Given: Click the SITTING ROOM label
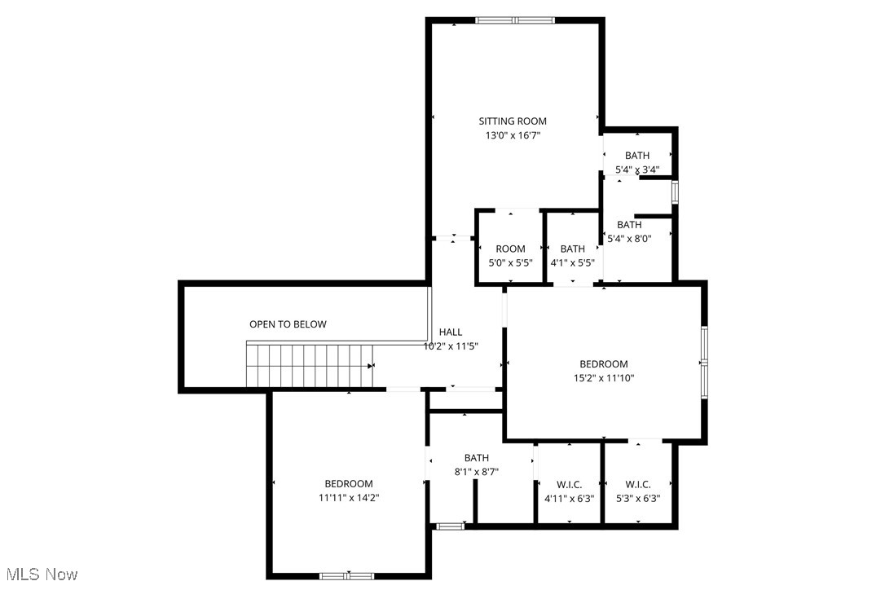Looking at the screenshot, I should [x=512, y=121].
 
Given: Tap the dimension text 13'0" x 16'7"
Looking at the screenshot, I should [x=512, y=136].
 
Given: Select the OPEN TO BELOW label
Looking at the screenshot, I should [x=288, y=324].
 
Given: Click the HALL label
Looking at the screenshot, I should [x=451, y=332].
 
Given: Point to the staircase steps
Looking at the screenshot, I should [x=309, y=365].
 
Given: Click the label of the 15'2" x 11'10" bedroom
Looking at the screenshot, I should [x=604, y=364].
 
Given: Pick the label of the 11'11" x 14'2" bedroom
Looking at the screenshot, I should [x=348, y=483].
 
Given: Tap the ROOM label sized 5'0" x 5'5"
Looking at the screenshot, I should [x=511, y=249].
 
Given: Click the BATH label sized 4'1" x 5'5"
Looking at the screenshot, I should [x=572, y=249].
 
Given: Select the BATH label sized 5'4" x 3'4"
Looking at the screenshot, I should [x=637, y=156].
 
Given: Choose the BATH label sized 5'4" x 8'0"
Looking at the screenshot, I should [x=629, y=225].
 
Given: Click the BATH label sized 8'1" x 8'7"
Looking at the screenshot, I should [x=477, y=458].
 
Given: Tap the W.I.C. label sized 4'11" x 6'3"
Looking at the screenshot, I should [x=569, y=484].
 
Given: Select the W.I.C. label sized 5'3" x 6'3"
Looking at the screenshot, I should [x=638, y=484].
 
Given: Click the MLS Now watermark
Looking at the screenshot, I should [x=39, y=575].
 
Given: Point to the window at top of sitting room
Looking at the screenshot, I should [x=515, y=20].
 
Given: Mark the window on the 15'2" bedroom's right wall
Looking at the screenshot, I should [x=704, y=363].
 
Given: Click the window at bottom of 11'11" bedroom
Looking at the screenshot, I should [x=346, y=576].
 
